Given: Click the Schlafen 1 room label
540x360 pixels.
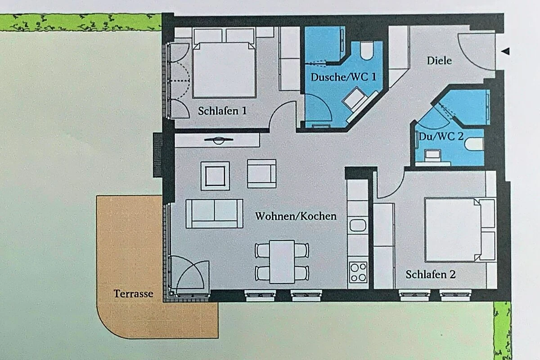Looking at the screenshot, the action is [222, 111].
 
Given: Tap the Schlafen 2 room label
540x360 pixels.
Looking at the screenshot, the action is [431, 274].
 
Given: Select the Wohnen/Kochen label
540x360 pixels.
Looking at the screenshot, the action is [296, 216].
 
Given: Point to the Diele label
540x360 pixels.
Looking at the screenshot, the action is [439, 60].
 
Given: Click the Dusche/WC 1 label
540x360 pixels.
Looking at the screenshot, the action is [343, 77].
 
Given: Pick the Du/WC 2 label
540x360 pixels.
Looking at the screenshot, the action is [441, 136].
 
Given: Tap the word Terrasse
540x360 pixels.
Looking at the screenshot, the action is [133, 294].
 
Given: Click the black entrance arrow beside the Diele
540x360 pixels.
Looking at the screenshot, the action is [505, 51].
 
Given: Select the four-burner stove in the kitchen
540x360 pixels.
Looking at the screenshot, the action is [358, 272].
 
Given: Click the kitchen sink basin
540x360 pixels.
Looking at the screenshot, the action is [358, 225].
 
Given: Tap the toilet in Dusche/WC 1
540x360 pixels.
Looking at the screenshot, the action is [366, 51].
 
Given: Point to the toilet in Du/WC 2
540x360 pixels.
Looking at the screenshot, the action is [474, 144].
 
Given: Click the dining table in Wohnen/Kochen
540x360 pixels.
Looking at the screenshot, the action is [282, 261].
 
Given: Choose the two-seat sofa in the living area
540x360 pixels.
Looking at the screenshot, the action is [214, 214].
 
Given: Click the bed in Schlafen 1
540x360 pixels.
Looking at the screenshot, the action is [224, 70].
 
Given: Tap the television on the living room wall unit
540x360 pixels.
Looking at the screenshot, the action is [218, 140].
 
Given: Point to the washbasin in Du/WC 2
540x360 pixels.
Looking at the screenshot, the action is [433, 155].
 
